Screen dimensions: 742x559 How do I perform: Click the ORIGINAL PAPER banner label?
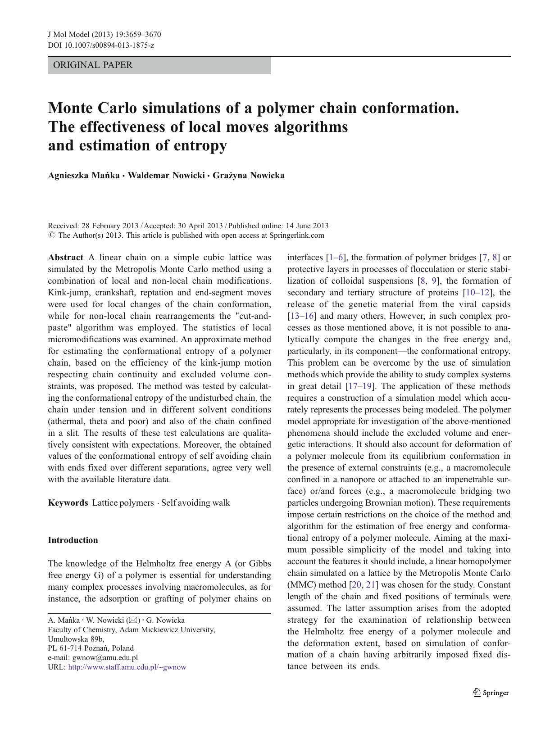(93, 65)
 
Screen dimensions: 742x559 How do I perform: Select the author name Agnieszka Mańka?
(83, 176)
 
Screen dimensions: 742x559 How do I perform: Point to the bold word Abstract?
(66, 258)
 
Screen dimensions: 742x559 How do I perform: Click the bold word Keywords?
(68, 503)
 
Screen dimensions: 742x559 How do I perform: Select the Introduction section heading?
(73, 540)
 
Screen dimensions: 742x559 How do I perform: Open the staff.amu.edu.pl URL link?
(127, 667)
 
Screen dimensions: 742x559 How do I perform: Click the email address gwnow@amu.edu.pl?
(105, 658)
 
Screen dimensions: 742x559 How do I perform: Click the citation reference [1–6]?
(336, 258)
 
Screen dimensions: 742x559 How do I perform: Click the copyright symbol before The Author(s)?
(51, 235)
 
